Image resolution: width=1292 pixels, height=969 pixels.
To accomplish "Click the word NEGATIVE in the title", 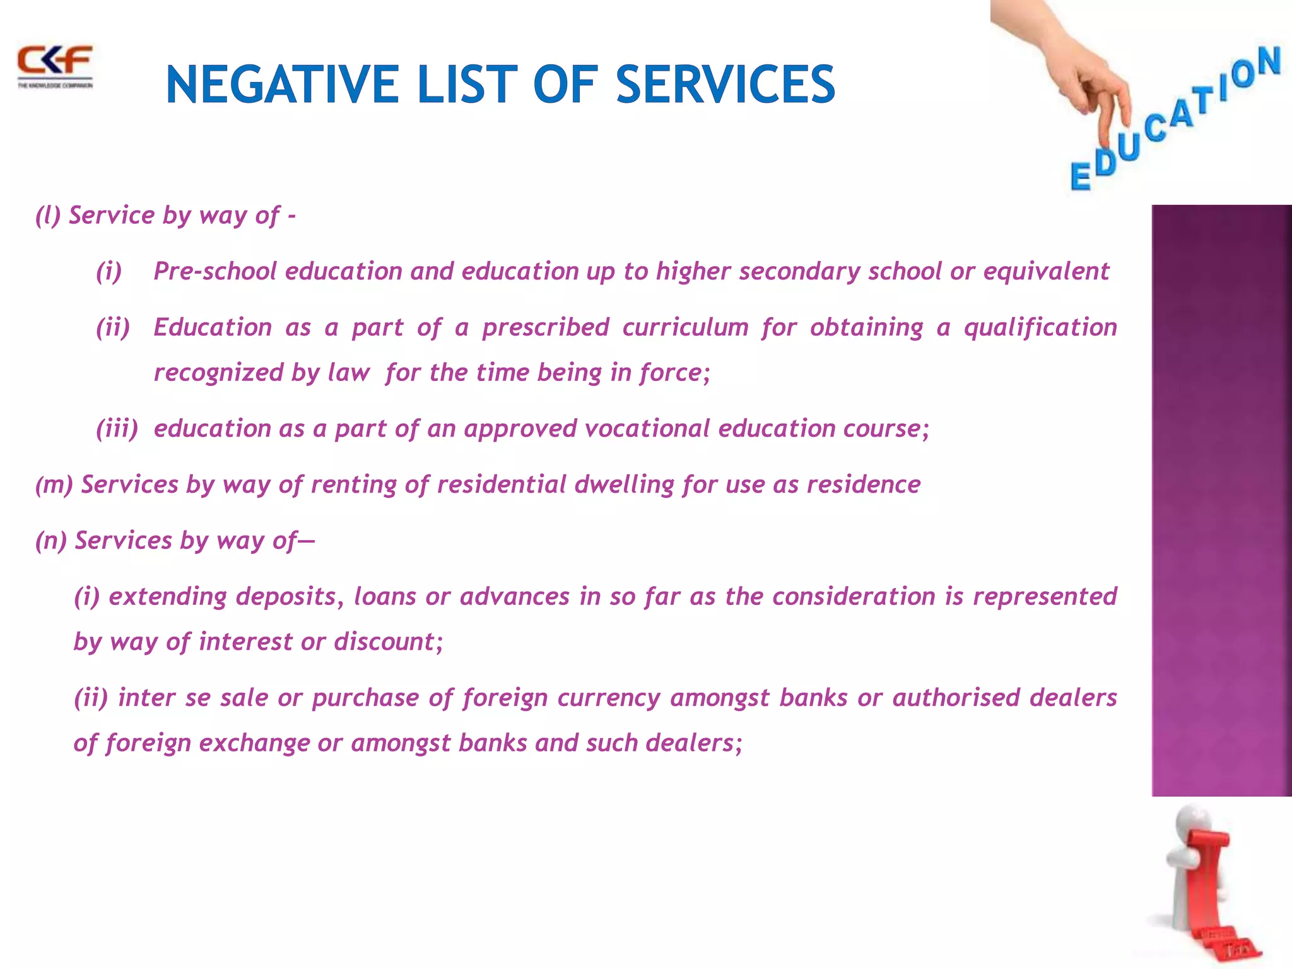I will pyautogui.click(x=281, y=85).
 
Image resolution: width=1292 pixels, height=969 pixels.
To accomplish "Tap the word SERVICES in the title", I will pyautogui.click(x=725, y=85).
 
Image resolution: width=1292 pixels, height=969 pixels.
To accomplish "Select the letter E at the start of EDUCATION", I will pyautogui.click(x=1081, y=176).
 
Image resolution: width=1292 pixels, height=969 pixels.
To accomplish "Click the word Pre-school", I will pyautogui.click(x=215, y=271).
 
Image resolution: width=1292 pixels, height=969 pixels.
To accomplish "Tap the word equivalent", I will pyautogui.click(x=1046, y=271).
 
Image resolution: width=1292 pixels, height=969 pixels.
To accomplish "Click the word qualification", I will pyautogui.click(x=1040, y=327).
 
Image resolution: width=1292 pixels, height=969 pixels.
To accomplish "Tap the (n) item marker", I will pyautogui.click(x=51, y=541).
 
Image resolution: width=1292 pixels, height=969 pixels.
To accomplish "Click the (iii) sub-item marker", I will pyautogui.click(x=117, y=428).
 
